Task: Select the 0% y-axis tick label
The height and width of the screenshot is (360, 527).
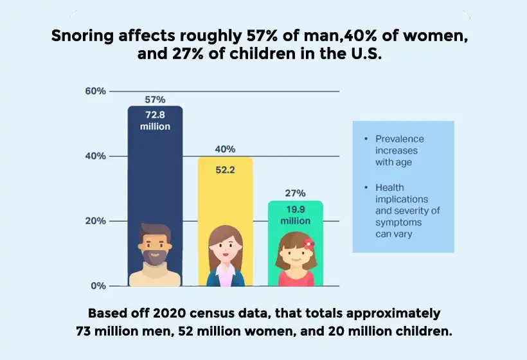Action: coord(98,286)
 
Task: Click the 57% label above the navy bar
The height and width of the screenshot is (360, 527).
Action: coord(156,100)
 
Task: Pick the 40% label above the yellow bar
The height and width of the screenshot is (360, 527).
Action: coord(225,149)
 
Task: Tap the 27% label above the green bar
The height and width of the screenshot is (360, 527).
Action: coord(296,193)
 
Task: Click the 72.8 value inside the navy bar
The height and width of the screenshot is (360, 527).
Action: coord(156,114)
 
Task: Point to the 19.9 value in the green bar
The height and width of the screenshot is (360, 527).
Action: coord(296,209)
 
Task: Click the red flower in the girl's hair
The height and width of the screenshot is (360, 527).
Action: coord(308,244)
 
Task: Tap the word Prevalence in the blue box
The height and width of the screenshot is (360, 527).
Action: coord(400,139)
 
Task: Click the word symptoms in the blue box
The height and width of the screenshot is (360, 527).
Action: coord(399,222)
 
